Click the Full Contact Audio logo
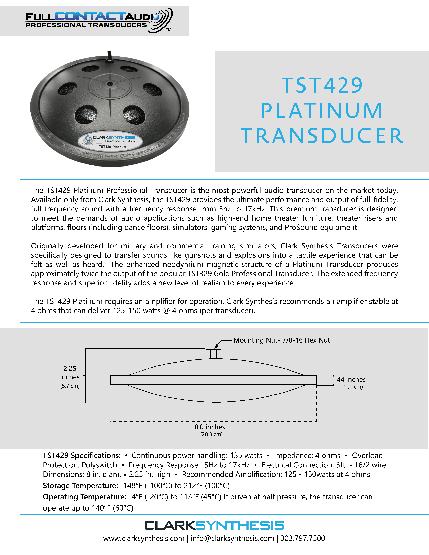coord(99,21)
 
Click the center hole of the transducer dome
coord(110,84)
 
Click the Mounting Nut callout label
coord(282,340)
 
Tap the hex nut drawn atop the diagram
coord(213,354)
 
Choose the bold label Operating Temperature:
coord(84,497)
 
